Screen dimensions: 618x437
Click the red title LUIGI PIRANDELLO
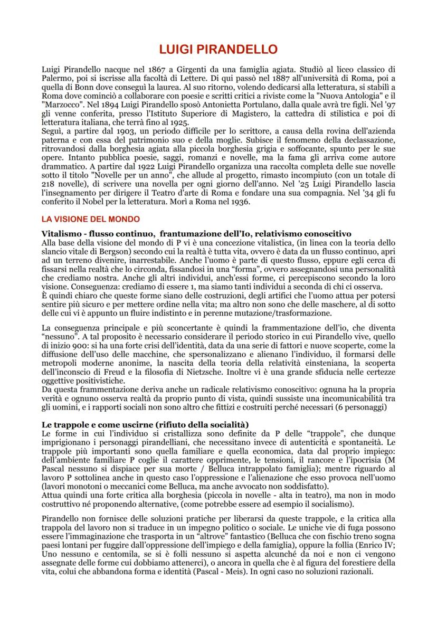click(x=218, y=50)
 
